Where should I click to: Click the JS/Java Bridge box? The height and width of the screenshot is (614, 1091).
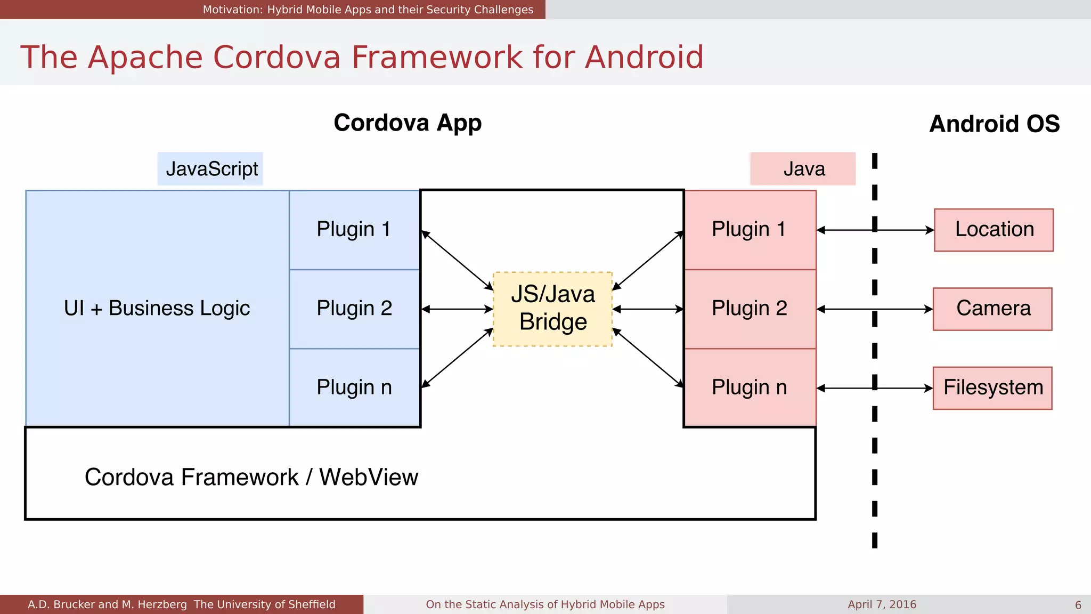point(552,309)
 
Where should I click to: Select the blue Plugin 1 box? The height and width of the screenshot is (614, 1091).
point(354,230)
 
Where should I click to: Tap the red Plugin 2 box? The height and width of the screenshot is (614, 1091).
point(750,309)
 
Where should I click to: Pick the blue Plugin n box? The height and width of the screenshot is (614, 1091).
point(354,387)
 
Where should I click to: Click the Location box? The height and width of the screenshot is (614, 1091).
point(994,230)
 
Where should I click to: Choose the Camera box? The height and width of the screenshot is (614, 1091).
point(992,309)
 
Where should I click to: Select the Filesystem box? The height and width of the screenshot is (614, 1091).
point(992,387)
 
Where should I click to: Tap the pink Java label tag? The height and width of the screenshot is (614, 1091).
point(803,169)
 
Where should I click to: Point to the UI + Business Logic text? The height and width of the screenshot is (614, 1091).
point(157,309)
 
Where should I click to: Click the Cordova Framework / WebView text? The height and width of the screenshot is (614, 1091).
point(251,477)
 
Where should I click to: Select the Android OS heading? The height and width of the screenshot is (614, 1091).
point(994,124)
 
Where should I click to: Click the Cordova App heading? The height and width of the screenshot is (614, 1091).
point(408,123)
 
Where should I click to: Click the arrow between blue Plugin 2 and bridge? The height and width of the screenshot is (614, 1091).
point(457,309)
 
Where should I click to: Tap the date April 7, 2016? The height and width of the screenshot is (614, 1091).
point(882,604)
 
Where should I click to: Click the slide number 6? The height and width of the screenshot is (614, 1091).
point(1078,605)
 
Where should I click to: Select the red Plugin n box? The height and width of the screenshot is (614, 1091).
point(750,387)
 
